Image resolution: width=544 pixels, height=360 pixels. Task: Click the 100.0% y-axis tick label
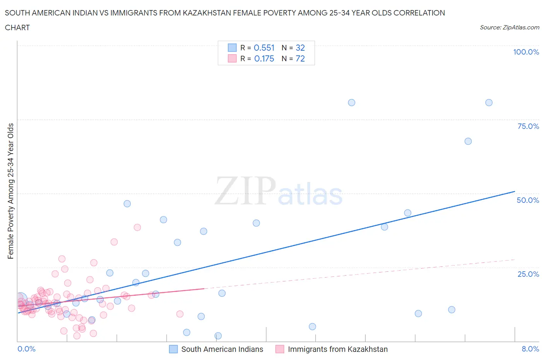(x=526, y=52)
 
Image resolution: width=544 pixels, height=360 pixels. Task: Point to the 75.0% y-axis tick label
(x=528, y=126)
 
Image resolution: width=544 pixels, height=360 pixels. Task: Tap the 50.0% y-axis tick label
(x=528, y=200)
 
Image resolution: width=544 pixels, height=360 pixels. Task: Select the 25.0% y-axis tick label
(x=528, y=274)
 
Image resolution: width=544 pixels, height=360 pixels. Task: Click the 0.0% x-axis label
(x=26, y=349)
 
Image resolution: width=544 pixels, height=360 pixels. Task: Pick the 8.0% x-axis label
(x=530, y=349)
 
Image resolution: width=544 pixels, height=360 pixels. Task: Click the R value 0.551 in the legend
(x=264, y=48)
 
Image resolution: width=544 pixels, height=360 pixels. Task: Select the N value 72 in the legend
(x=300, y=58)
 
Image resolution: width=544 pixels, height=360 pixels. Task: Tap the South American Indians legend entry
(x=222, y=349)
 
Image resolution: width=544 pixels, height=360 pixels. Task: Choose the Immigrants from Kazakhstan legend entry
(x=337, y=349)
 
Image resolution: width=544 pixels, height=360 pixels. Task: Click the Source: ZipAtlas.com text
(x=509, y=27)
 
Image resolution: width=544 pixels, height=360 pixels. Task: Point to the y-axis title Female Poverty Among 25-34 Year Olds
(x=10, y=191)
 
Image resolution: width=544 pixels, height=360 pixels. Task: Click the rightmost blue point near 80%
(x=489, y=103)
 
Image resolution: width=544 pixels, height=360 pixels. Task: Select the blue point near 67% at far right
(x=468, y=141)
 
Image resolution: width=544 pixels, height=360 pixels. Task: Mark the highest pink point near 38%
(x=137, y=227)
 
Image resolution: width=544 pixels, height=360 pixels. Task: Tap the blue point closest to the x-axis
(x=218, y=336)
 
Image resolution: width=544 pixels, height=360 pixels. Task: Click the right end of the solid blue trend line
(x=515, y=191)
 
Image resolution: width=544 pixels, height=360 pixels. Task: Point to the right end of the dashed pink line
(x=515, y=259)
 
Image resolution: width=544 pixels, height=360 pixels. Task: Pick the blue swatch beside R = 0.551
(x=232, y=48)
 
